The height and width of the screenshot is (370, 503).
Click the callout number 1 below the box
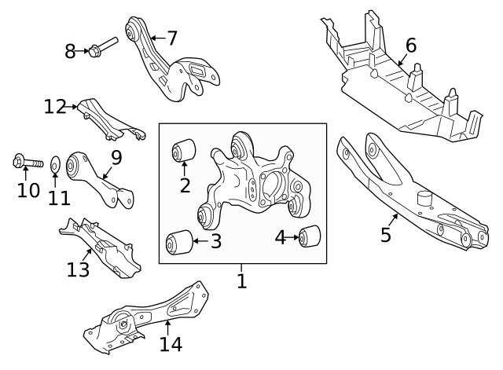coord(242,280)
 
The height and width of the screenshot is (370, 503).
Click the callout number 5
coord(386,235)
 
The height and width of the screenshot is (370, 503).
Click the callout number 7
coord(171,37)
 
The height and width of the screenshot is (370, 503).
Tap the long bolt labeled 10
coord(26,163)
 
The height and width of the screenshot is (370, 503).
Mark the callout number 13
coord(79,269)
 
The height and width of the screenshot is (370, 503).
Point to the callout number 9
coord(116,158)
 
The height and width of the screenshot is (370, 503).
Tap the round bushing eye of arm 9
coord(77,165)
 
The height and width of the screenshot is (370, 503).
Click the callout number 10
coord(28,191)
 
